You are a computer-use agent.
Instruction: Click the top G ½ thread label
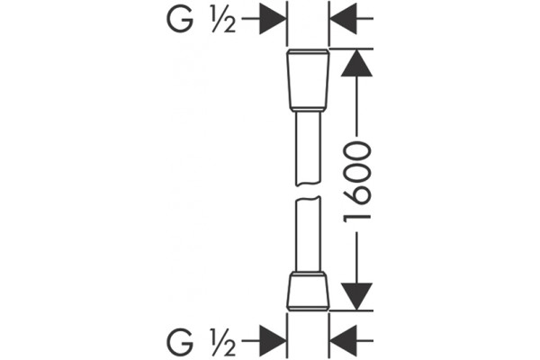[202, 20]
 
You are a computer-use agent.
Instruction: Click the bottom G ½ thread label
[202, 342]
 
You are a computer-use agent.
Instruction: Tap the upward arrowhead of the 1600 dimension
[356, 63]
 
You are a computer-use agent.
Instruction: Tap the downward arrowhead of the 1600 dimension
[356, 296]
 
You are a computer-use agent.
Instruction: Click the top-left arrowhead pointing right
[273, 18]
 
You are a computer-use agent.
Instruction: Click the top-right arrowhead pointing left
[344, 18]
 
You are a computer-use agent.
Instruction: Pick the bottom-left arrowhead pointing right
[273, 341]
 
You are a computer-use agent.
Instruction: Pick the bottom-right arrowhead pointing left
[344, 341]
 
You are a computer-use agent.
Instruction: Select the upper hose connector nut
[308, 80]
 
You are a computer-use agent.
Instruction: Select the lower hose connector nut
[308, 291]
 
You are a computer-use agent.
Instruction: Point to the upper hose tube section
[308, 148]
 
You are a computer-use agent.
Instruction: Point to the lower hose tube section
[308, 234]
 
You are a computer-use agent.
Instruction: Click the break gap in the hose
[308, 192]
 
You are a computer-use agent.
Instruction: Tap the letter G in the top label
[180, 20]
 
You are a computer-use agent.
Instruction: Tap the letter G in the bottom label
[180, 342]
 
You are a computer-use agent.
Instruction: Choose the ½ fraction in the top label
[223, 20]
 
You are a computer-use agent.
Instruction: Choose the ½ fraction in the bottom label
[223, 342]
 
